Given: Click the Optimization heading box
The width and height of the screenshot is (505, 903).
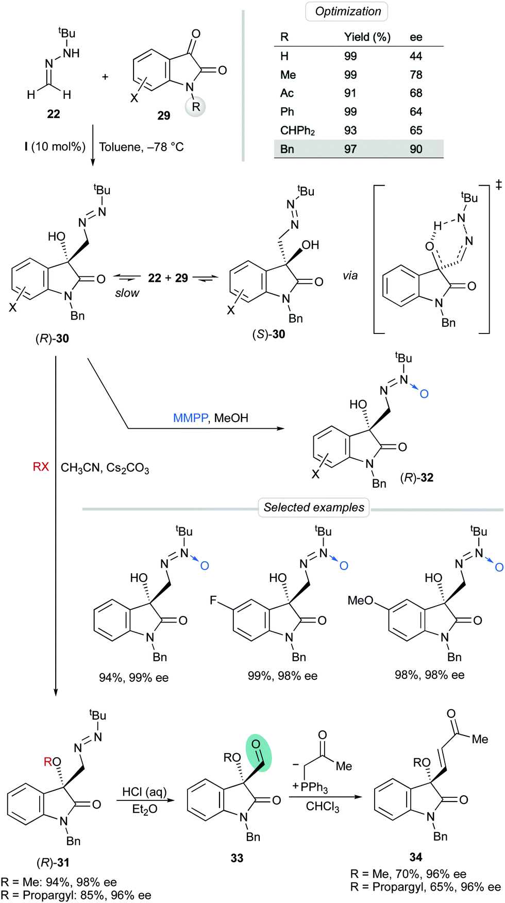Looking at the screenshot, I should (x=348, y=11).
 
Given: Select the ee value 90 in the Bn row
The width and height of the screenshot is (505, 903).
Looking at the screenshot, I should (x=416, y=149).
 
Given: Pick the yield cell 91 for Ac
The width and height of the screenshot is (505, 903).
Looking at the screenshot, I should (x=350, y=93).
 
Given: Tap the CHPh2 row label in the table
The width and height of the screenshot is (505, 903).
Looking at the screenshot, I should (x=297, y=130).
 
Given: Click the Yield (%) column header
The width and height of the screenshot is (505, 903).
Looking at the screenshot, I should (x=367, y=37).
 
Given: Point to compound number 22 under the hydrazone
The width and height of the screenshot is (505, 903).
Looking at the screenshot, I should (x=53, y=114).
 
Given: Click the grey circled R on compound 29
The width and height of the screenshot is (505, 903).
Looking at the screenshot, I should (x=195, y=107).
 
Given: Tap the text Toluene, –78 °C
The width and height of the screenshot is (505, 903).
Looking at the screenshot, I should (x=141, y=147).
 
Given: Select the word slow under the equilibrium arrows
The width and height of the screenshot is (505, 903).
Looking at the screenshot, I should (x=127, y=293).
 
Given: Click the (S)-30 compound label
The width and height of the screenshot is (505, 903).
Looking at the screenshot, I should (x=268, y=334).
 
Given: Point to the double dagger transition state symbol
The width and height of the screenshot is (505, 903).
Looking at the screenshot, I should (x=498, y=185).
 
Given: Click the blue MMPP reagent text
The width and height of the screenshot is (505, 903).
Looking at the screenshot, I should (x=190, y=418).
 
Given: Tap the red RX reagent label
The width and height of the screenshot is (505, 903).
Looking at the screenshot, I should (x=41, y=467).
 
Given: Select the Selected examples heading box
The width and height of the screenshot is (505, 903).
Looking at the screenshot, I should (x=313, y=507).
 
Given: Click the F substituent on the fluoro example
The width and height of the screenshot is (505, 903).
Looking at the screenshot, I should (x=213, y=600).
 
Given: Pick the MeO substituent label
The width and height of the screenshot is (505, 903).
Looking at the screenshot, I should (x=360, y=600).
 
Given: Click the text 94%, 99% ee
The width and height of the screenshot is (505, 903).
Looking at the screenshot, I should (x=133, y=678).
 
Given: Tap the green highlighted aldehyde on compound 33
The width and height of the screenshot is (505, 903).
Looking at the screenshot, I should (x=259, y=752).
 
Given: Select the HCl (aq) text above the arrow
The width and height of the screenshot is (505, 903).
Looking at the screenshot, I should (x=144, y=792).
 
